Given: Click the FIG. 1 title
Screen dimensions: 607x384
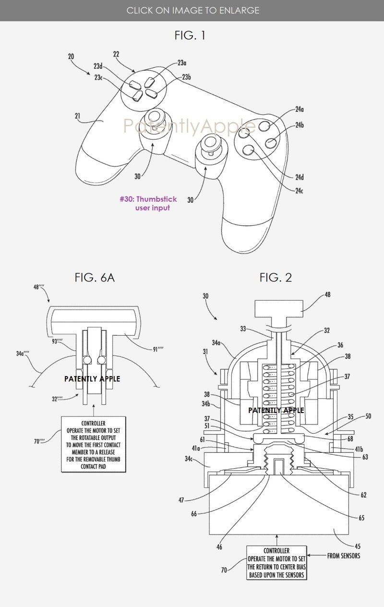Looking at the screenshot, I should point(191,35).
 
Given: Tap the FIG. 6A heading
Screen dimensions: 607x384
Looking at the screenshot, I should point(95,277).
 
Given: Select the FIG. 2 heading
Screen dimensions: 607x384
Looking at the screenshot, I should point(276,277).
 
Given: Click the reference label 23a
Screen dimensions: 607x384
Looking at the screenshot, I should point(182,62).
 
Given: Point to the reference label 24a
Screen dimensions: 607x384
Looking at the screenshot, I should point(300,109).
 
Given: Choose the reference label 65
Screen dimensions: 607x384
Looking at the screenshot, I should point(361,518).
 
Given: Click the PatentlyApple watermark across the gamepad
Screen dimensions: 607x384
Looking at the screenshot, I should point(189,126).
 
